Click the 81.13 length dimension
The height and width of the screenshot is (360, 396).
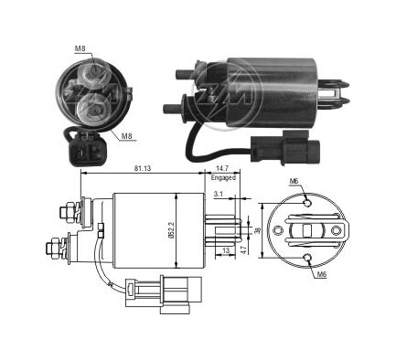pos(143,168)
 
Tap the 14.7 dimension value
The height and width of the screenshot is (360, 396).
pos(222,168)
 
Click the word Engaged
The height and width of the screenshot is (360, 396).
pos(223,177)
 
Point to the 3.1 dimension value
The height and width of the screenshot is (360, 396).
pos(219,194)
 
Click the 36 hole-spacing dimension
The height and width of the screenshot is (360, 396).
pos(258,230)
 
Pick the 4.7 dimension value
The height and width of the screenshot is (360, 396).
pos(243,249)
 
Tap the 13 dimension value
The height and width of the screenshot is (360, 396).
pos(226,250)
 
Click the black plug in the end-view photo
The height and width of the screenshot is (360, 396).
pos(85,151)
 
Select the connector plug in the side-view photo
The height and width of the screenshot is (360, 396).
pos(284,148)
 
